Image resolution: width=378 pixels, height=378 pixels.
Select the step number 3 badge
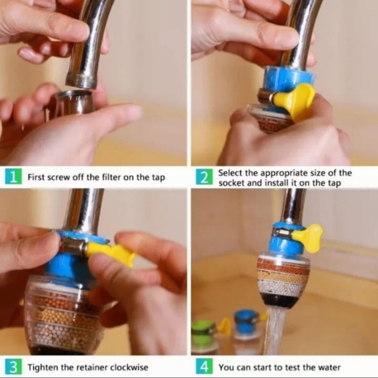(13, 367)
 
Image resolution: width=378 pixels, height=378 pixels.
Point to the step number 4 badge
(204, 367)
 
